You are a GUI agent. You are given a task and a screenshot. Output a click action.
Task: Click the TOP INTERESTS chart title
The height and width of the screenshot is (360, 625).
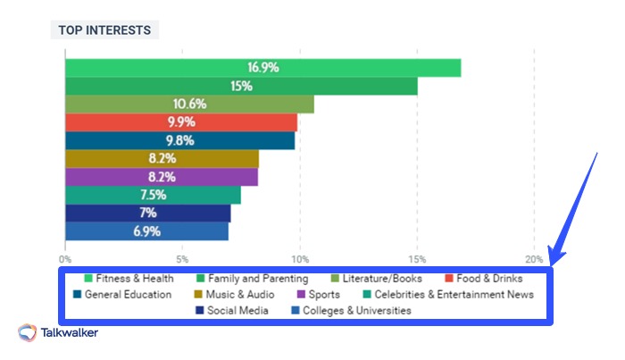point(104,29)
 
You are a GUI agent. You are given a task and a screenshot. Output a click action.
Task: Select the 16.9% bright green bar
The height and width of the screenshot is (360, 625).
point(262,68)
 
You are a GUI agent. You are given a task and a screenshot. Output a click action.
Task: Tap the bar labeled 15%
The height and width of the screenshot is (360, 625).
point(241,86)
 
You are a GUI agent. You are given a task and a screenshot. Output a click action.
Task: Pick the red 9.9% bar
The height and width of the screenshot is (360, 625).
point(181,122)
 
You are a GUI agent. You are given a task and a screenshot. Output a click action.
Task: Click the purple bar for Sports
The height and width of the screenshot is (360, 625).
point(162,177)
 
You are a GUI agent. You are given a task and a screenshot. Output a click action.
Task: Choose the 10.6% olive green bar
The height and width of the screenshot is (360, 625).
point(189,105)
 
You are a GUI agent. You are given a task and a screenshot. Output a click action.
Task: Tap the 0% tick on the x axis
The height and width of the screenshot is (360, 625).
point(65,259)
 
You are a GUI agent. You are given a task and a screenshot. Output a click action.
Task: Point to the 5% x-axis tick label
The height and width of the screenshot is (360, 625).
point(182,259)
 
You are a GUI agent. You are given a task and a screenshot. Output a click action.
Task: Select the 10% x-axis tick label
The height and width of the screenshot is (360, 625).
point(300,259)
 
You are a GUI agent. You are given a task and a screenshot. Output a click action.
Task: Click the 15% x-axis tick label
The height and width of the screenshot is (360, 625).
point(417,259)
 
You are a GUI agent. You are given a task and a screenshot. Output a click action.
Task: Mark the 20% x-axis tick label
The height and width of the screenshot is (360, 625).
point(534,259)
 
